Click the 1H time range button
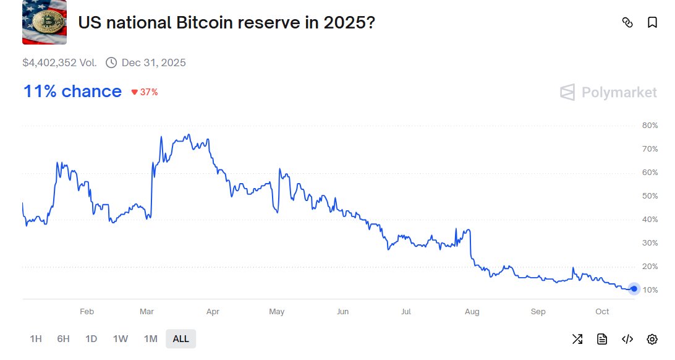pos(36,339)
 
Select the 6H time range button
pos(63,339)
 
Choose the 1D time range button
pos(91,339)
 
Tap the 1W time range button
pos(121,339)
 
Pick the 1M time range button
pos(150,339)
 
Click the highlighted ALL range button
pos(181,339)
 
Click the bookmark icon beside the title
pos(652,23)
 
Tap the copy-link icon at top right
pos(627,23)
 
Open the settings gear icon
pos(652,339)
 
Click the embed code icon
pos(627,339)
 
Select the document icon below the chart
pos(602,339)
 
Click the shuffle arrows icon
pos(577,339)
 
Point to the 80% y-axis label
pos(650,126)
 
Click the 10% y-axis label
pos(650,290)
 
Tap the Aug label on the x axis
pos(472,312)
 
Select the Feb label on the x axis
pos(87,312)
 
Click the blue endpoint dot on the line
pos(634,289)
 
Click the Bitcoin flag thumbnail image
pos(45,23)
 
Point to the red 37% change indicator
pos(145,92)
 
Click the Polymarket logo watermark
pos(608,93)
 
